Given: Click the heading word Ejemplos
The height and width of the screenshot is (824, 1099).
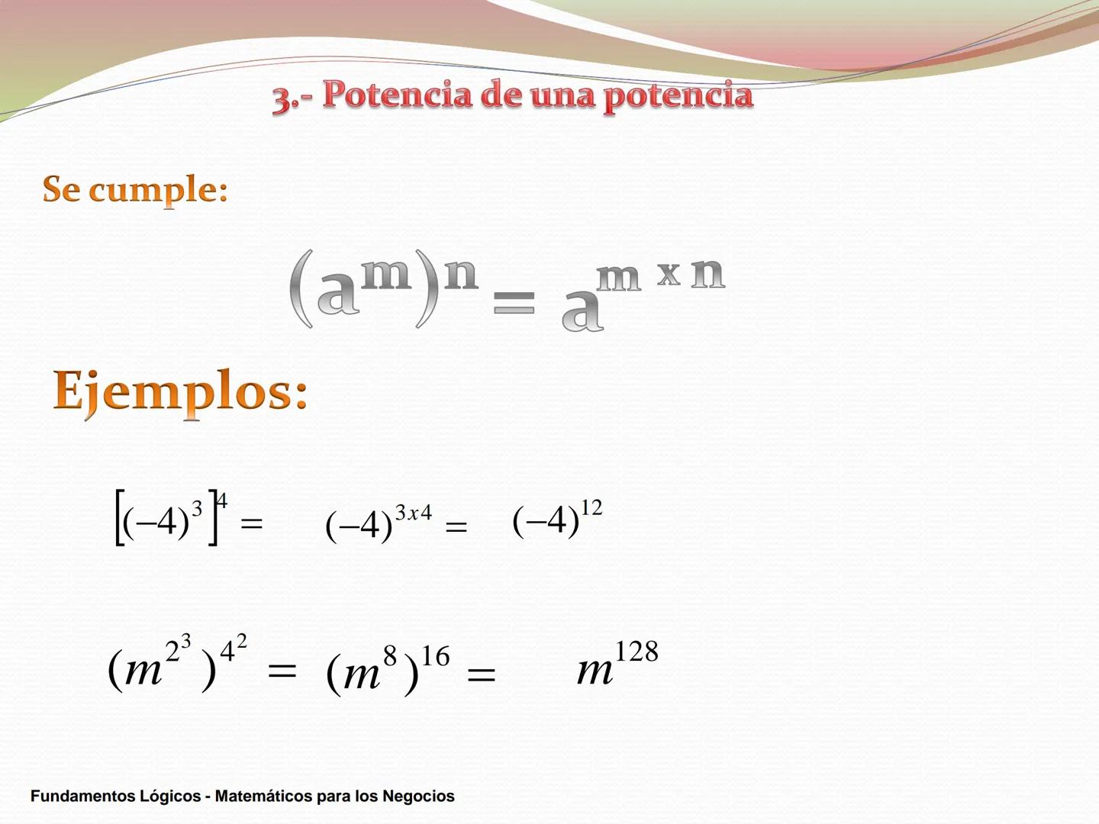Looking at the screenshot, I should [x=180, y=391].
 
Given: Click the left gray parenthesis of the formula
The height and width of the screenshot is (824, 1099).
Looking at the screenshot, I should [x=301, y=290].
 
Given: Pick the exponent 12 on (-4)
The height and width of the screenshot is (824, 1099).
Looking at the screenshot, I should [x=591, y=508].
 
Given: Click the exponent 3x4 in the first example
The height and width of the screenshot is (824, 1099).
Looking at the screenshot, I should [x=413, y=513].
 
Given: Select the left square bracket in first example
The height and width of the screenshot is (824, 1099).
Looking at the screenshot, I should [x=119, y=518].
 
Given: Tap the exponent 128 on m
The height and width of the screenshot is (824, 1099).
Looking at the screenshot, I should [x=637, y=652].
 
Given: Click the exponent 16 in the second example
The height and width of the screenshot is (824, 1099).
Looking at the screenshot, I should [x=436, y=656].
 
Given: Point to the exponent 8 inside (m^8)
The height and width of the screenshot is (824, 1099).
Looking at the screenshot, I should [x=390, y=655].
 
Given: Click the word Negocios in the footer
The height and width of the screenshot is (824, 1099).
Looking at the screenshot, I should [x=418, y=797].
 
